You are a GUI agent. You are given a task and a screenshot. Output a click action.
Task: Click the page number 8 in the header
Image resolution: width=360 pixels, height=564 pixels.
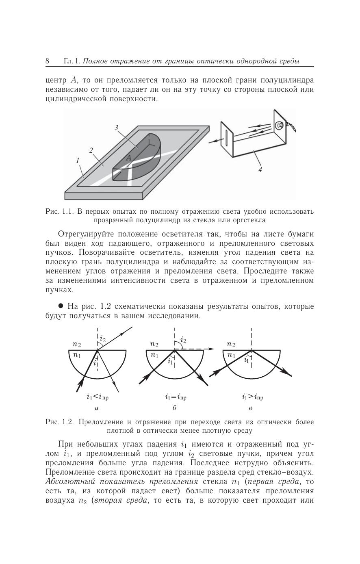[x=48, y=61]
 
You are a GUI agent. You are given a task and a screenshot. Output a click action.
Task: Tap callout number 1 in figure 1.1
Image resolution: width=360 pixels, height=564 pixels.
[x=77, y=161]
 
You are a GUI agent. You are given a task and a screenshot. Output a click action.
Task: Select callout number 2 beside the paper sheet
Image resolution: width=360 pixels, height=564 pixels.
[x=91, y=150]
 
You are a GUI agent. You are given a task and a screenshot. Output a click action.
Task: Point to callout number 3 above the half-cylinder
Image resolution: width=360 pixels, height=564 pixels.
[x=116, y=128]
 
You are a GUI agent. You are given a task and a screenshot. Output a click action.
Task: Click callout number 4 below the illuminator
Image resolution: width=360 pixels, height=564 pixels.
[x=260, y=169]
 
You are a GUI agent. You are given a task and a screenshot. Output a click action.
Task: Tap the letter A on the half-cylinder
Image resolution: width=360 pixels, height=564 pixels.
[x=128, y=158]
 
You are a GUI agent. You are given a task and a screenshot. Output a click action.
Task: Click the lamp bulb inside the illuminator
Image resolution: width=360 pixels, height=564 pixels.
[x=279, y=126]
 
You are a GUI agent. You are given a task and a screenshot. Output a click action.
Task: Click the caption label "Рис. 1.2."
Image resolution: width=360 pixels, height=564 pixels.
[x=59, y=422]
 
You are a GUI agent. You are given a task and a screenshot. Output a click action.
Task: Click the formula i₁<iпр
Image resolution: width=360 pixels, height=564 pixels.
[x=97, y=397]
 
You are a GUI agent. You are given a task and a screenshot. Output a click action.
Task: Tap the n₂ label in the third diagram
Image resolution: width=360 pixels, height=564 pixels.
[x=231, y=345]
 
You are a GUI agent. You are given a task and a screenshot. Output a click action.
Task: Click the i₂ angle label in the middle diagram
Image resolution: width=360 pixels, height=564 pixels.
[x=183, y=340]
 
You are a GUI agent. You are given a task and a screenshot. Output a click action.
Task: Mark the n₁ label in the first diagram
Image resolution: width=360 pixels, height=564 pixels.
[x=77, y=355]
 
